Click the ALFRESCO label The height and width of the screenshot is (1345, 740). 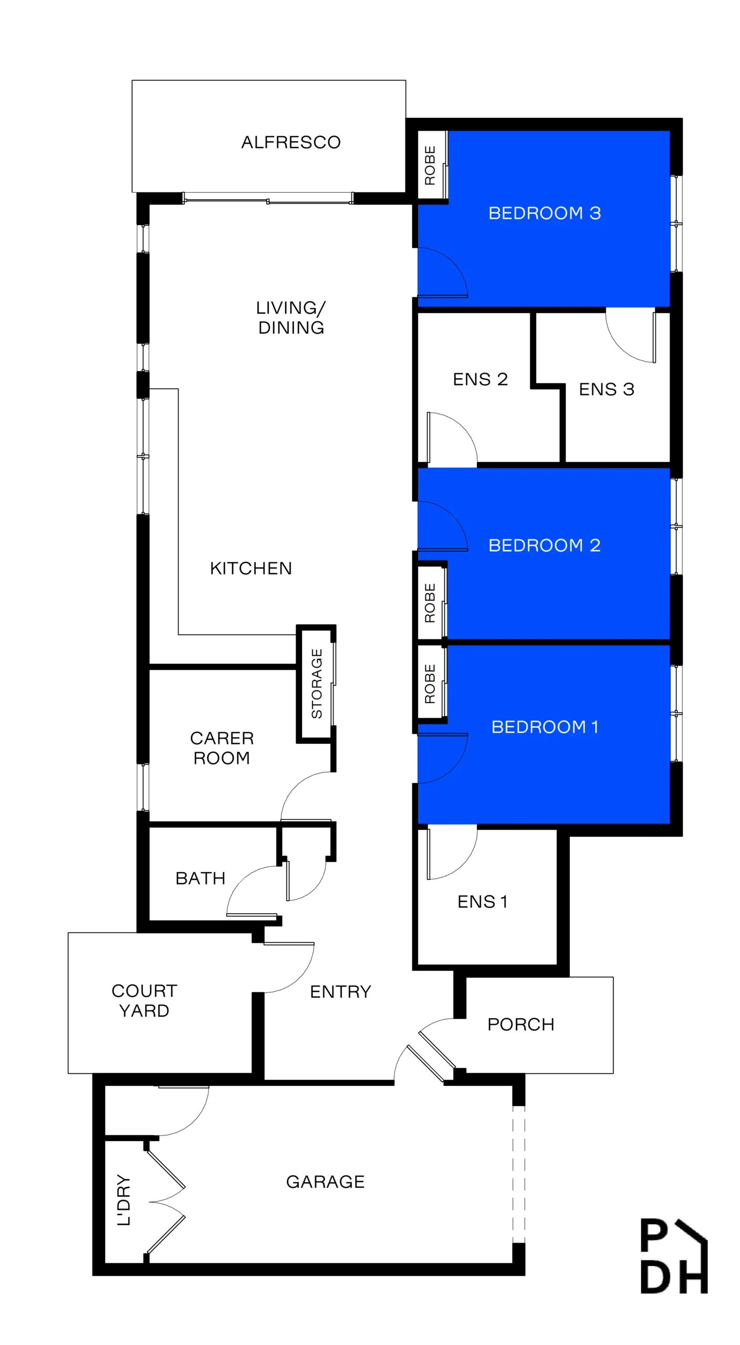290,142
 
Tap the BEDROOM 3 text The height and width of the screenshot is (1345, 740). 545,213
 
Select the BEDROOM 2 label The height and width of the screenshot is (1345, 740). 545,545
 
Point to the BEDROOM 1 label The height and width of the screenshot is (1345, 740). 545,727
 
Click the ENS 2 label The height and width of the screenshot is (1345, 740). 480,379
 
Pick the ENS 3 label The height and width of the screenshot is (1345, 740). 607,389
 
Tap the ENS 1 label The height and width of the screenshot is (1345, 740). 482,902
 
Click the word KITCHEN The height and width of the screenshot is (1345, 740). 251,568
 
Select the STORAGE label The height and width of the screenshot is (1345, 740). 317,684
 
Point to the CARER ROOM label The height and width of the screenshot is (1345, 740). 222,748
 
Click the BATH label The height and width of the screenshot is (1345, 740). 200,878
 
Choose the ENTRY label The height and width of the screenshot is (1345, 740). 340,991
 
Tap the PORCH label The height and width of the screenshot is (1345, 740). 520,1024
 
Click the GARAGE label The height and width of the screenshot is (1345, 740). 325,1182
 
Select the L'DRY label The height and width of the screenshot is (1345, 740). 123,1200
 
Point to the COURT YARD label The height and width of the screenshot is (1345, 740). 144,1000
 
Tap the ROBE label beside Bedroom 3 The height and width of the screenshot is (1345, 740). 430,165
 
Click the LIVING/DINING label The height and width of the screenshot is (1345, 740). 291,317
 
